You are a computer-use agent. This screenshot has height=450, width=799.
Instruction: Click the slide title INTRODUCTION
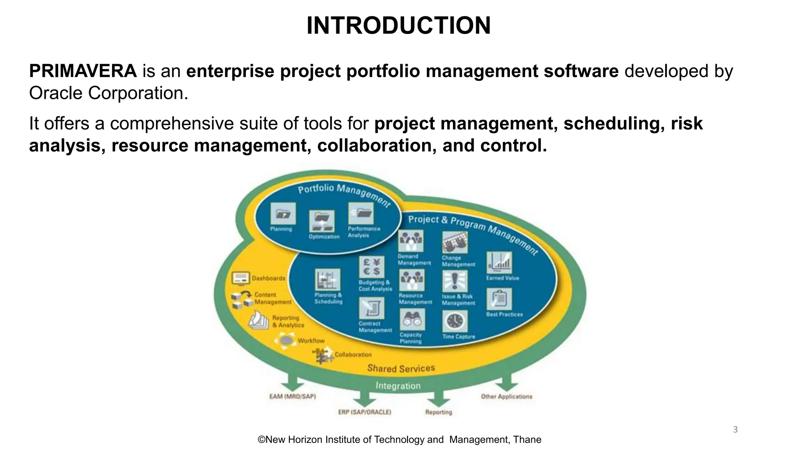coord(398,26)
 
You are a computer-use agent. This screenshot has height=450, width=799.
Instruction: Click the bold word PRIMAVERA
coord(83,71)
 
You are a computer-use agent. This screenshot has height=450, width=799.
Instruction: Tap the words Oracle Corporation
coord(108,93)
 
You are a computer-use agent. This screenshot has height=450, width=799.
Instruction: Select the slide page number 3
coord(735,430)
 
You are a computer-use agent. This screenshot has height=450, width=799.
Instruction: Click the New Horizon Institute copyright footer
coord(399,440)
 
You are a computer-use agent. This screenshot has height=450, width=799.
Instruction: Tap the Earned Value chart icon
coord(499,262)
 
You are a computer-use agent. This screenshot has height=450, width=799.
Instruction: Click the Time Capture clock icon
coord(455,321)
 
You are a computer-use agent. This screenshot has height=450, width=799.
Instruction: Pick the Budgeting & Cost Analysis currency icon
coord(371,267)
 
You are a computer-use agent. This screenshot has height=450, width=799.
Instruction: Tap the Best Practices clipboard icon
coord(499,299)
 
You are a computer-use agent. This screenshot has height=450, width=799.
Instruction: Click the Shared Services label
coord(401,368)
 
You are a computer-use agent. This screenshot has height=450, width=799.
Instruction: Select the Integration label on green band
coord(398,386)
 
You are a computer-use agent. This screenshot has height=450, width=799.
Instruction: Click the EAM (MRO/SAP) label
coord(293,396)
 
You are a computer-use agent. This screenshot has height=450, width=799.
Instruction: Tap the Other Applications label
coord(506,396)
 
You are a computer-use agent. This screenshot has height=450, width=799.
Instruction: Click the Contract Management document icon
coord(371,308)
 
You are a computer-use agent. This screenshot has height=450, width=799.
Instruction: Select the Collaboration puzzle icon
coord(322,355)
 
